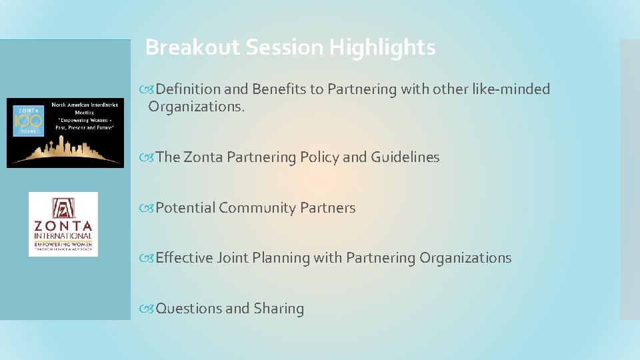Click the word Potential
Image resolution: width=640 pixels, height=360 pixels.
click(185, 208)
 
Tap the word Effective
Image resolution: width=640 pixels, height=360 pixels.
click(184, 258)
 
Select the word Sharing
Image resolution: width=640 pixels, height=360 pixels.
click(279, 309)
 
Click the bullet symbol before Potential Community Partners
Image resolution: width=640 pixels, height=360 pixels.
click(148, 208)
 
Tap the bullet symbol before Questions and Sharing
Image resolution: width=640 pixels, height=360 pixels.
click(148, 309)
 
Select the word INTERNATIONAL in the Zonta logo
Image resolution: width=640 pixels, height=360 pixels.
click(63, 236)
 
